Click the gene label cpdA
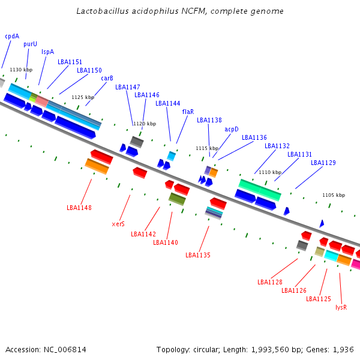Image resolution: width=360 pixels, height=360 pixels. [x=12, y=36]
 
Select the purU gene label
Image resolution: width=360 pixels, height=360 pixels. [x=30, y=44]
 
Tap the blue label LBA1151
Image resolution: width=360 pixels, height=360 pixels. [x=70, y=62]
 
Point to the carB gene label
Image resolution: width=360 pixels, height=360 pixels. [x=107, y=78]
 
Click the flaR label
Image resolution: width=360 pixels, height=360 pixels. [x=188, y=112]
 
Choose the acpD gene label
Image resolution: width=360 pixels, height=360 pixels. [x=232, y=129]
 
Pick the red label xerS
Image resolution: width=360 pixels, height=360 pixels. [x=118, y=224]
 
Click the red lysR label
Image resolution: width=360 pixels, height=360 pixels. [x=341, y=307]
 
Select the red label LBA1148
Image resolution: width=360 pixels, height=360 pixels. [x=79, y=208]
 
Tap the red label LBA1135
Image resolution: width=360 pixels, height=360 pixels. [x=198, y=255]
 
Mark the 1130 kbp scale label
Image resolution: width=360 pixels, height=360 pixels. [x=21, y=70]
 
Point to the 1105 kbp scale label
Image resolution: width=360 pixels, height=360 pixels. [x=334, y=195]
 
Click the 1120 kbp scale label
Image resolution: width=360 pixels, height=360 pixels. [x=144, y=124]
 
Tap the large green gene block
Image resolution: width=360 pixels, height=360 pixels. [x=260, y=190]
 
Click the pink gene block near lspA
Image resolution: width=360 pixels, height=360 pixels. [x=42, y=101]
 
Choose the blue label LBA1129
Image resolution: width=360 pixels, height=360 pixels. [x=323, y=163]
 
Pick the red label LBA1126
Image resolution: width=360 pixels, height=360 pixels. [x=294, y=290]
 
